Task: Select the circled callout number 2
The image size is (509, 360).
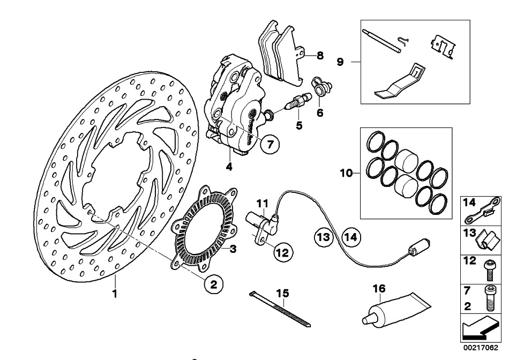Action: pos(213,285)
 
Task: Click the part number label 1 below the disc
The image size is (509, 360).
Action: pos(114,294)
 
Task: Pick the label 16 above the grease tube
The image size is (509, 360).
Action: pos(379,289)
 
